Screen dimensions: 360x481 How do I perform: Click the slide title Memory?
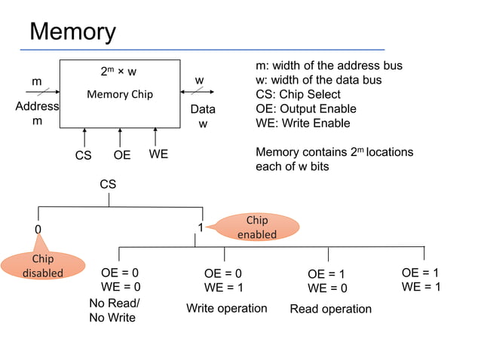pos(72,32)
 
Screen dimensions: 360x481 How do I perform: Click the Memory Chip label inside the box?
pos(119,95)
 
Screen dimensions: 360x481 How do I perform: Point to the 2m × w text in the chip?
pos(118,72)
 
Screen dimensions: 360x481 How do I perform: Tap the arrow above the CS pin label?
pos(84,138)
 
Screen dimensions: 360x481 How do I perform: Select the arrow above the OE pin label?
pos(120,138)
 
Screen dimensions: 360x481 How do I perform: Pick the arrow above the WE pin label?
pos(155,138)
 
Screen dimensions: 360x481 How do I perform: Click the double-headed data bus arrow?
pos(199,93)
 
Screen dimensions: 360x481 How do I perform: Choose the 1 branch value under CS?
pos(201,227)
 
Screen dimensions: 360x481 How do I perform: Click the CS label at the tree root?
pos(109,184)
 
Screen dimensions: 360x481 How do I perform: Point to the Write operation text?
pos(226,309)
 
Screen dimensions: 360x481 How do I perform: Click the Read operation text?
pos(330,309)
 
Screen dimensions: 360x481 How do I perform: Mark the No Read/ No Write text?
pos(114,310)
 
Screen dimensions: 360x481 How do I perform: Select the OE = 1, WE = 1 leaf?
pos(421,279)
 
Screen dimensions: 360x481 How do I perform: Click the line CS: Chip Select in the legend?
pos(299,94)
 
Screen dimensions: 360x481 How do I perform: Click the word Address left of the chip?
pos(37,106)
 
